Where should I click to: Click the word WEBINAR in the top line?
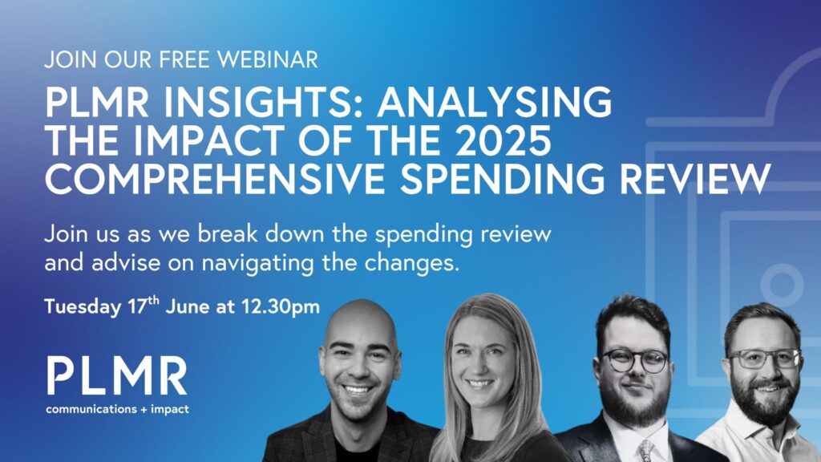(x=268, y=59)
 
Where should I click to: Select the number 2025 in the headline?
(x=502, y=140)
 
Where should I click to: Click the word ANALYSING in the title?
(x=494, y=102)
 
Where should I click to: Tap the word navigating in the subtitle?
(x=257, y=263)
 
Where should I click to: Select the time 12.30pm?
(x=280, y=307)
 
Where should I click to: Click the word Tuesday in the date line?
(x=83, y=307)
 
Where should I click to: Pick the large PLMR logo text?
(x=117, y=375)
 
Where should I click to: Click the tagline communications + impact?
(x=117, y=409)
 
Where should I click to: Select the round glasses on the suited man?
(x=635, y=361)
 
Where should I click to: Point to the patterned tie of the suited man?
(x=645, y=450)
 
